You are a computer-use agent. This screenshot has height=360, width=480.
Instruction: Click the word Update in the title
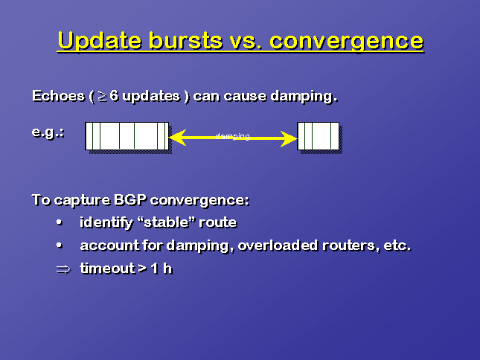point(100,41)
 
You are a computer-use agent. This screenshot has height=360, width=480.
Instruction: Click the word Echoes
point(58,96)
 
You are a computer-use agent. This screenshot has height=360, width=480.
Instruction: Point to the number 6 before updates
point(114,96)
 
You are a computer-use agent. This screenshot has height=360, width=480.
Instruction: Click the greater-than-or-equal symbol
point(102,97)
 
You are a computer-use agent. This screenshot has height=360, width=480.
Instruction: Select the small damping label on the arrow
point(233,136)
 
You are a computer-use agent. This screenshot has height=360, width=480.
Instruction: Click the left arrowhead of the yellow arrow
point(178,138)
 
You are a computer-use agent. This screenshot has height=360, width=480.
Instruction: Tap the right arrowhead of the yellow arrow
point(289,138)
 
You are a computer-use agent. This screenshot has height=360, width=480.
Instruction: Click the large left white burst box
point(127,136)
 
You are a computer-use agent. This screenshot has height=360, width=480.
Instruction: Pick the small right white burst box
point(319,136)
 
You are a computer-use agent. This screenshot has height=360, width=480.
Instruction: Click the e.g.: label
point(48,132)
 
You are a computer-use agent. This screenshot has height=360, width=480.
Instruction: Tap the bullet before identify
point(60,222)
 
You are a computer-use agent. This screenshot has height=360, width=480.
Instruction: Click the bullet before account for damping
point(60,245)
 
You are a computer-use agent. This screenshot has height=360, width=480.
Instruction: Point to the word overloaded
point(278,245)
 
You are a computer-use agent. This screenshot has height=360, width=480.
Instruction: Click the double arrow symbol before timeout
point(64,269)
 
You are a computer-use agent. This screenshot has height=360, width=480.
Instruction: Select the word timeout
point(107,269)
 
